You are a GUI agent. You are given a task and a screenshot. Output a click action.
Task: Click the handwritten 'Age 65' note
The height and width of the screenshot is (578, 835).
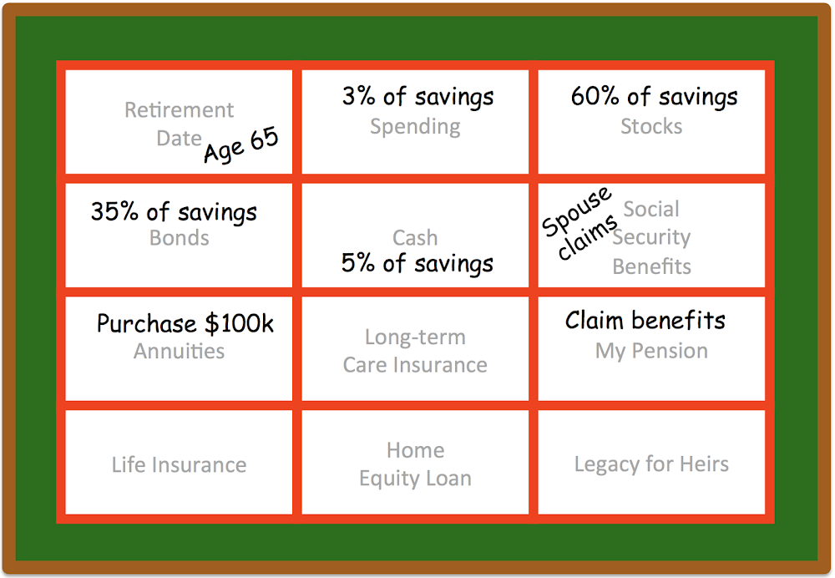tap(241, 144)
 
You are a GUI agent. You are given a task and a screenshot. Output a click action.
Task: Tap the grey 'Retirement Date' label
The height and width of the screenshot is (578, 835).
tap(179, 124)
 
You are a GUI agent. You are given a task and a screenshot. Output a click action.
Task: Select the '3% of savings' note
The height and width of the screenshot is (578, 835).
tap(418, 96)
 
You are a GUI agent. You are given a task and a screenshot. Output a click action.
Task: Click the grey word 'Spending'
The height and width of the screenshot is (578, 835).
tap(415, 127)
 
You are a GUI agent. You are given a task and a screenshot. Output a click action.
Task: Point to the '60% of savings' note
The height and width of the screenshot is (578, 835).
tap(655, 96)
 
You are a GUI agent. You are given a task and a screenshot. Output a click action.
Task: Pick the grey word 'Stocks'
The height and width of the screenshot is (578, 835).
tap(651, 126)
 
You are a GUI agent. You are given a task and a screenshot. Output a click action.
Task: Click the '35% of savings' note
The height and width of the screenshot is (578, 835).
tap(175, 211)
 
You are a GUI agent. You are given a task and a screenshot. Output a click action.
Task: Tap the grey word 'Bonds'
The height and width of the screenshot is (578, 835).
tap(180, 237)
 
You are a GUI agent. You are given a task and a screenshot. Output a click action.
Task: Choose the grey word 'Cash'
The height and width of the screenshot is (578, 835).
tap(415, 237)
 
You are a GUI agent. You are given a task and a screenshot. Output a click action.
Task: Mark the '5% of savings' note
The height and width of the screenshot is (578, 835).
tap(417, 263)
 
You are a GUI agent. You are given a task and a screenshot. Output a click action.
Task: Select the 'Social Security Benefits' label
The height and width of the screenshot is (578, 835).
tap(651, 237)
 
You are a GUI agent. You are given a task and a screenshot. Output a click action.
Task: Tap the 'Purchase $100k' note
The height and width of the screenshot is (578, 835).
tap(185, 323)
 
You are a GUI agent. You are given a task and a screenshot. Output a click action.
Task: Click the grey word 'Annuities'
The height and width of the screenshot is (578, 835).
tap(179, 351)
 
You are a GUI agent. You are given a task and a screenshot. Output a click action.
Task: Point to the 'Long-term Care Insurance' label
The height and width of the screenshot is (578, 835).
tap(415, 351)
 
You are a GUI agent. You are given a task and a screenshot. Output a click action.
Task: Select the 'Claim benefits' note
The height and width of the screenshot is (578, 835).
tap(645, 320)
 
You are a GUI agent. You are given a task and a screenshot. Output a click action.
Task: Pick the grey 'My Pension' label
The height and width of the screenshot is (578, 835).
tap(651, 351)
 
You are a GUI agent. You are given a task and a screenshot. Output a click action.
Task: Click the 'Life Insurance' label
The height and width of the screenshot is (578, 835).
tap(179, 464)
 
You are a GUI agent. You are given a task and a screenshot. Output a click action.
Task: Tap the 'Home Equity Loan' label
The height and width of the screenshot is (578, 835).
tap(415, 464)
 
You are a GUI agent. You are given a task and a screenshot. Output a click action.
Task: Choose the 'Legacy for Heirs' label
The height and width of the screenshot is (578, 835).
tap(651, 464)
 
